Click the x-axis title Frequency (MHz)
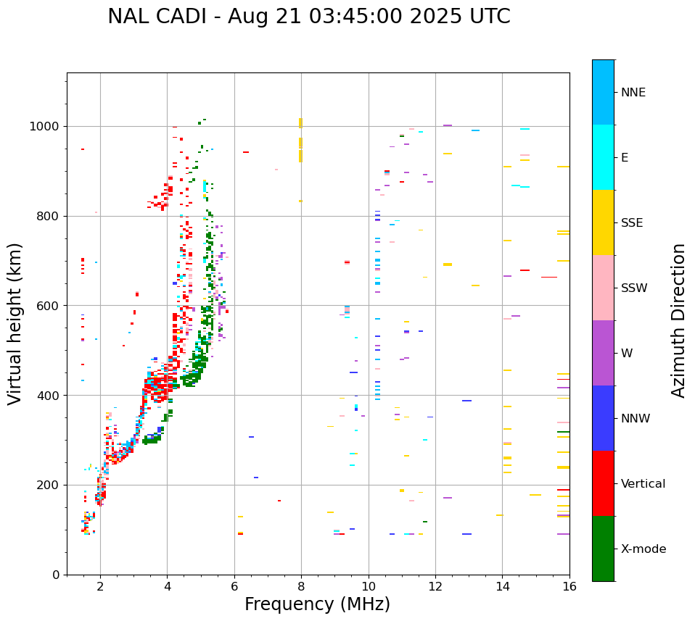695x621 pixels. tap(317, 604)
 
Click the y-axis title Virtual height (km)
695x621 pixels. tap(15, 324)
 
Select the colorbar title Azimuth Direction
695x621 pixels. tap(678, 320)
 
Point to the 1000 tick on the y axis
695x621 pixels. tap(48, 127)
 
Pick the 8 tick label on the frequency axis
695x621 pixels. tap(301, 586)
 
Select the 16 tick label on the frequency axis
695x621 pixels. tap(569, 586)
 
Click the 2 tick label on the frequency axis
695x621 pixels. tap(100, 586)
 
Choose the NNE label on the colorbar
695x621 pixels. tap(633, 93)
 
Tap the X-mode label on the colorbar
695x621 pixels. tap(643, 549)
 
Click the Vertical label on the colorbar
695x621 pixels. tap(643, 484)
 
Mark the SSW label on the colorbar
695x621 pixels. tap(633, 288)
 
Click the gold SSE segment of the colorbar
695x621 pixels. tap(603, 222)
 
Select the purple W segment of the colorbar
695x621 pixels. tap(603, 353)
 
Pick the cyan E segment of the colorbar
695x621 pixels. tap(603, 157)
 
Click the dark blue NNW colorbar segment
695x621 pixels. tap(603, 418)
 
